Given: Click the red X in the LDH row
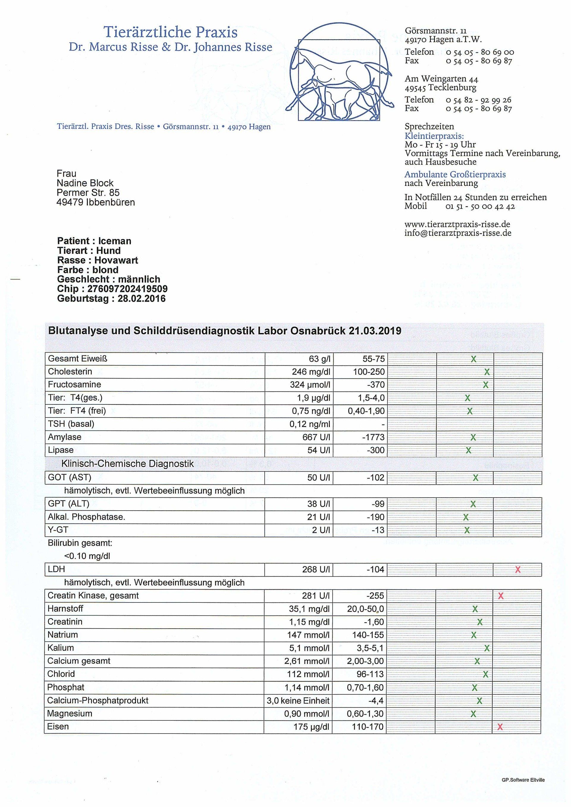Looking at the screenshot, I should [517, 570].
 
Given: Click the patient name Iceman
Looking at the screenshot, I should [115, 241].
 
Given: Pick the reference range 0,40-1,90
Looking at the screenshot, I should [366, 411].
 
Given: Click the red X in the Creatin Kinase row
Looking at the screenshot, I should [501, 596].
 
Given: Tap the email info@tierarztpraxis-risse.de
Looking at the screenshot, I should [457, 233].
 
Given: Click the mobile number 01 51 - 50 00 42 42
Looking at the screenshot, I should [480, 206].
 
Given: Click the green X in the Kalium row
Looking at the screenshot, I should [487, 648].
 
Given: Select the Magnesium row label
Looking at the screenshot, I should [70, 714].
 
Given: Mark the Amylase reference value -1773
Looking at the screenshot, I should [374, 437].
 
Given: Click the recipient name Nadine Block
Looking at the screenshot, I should [85, 183].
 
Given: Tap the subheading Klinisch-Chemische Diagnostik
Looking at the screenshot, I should [128, 464].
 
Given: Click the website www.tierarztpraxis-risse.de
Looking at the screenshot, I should [457, 224].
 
